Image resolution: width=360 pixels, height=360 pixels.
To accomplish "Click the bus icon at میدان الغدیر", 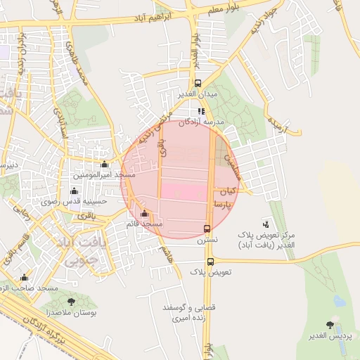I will click(x=198, y=82).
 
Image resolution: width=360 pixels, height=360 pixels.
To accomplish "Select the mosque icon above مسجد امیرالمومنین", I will click(x=104, y=165).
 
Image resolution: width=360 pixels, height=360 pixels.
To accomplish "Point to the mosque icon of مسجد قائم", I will click(x=145, y=214).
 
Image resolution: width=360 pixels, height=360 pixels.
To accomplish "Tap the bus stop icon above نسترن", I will click(x=207, y=229).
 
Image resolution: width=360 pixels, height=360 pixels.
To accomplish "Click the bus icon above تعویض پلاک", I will click(x=210, y=262).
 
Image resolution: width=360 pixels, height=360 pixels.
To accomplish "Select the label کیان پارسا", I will click(x=226, y=197).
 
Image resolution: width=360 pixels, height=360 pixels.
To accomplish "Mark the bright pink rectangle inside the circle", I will click(x=186, y=190).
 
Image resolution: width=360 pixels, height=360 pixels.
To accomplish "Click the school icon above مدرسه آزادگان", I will click(x=200, y=110).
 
